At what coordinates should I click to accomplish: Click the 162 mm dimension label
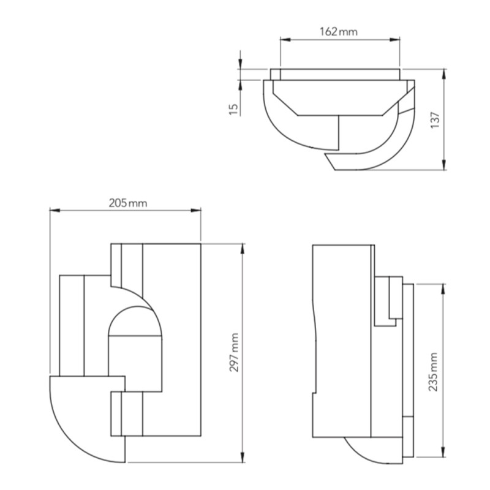click(339, 32)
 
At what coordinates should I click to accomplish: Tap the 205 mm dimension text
click(128, 203)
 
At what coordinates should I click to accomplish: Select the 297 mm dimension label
click(234, 352)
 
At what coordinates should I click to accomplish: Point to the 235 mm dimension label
click(433, 372)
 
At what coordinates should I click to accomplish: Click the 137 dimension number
click(435, 119)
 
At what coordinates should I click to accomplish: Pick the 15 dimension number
click(233, 109)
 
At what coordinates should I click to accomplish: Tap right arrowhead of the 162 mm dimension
click(394, 39)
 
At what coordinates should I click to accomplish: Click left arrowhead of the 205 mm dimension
click(55, 211)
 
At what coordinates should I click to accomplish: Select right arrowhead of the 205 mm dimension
click(196, 211)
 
